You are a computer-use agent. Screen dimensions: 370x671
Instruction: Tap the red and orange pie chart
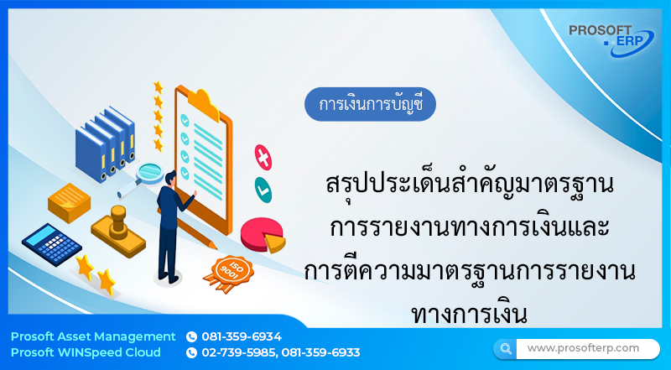pos(262,234)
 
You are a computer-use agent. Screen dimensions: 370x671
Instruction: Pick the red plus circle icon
pos(263,156)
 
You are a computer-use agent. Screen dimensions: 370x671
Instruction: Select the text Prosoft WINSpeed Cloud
pos(86,352)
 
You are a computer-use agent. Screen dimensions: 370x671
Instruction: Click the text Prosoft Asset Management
pos(93,336)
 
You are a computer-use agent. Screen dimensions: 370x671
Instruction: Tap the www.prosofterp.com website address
pos(583,347)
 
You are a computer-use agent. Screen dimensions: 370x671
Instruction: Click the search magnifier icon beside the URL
pos(505,348)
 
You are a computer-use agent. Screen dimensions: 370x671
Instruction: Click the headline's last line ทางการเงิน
pos(469,314)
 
